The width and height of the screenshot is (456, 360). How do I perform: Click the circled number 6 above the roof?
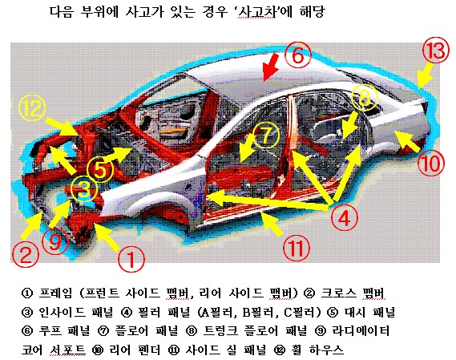click(x=297, y=55)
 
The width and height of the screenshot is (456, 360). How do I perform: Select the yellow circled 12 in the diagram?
click(x=32, y=108)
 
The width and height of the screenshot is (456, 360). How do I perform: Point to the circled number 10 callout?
click(x=431, y=163)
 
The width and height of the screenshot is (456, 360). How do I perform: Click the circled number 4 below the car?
click(x=344, y=218)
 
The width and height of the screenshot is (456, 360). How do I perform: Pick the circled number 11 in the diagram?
click(x=297, y=248)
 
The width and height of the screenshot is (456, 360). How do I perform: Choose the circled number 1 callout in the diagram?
click(x=131, y=259)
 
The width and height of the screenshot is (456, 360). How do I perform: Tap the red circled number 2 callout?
click(x=26, y=254)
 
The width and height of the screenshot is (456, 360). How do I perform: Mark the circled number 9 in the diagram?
click(x=55, y=242)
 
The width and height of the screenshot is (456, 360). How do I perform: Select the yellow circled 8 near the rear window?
click(x=364, y=98)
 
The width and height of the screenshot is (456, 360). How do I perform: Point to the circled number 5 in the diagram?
click(x=100, y=169)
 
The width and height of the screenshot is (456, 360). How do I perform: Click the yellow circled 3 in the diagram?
click(x=84, y=189)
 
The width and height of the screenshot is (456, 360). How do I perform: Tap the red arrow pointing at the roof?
click(x=270, y=67)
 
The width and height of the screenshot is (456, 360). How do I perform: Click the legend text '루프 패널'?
click(x=65, y=330)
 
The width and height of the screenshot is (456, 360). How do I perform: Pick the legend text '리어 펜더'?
click(x=135, y=350)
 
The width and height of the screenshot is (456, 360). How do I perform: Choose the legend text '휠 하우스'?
click(x=317, y=350)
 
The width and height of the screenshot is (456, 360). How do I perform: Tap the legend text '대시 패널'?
click(x=370, y=312)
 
